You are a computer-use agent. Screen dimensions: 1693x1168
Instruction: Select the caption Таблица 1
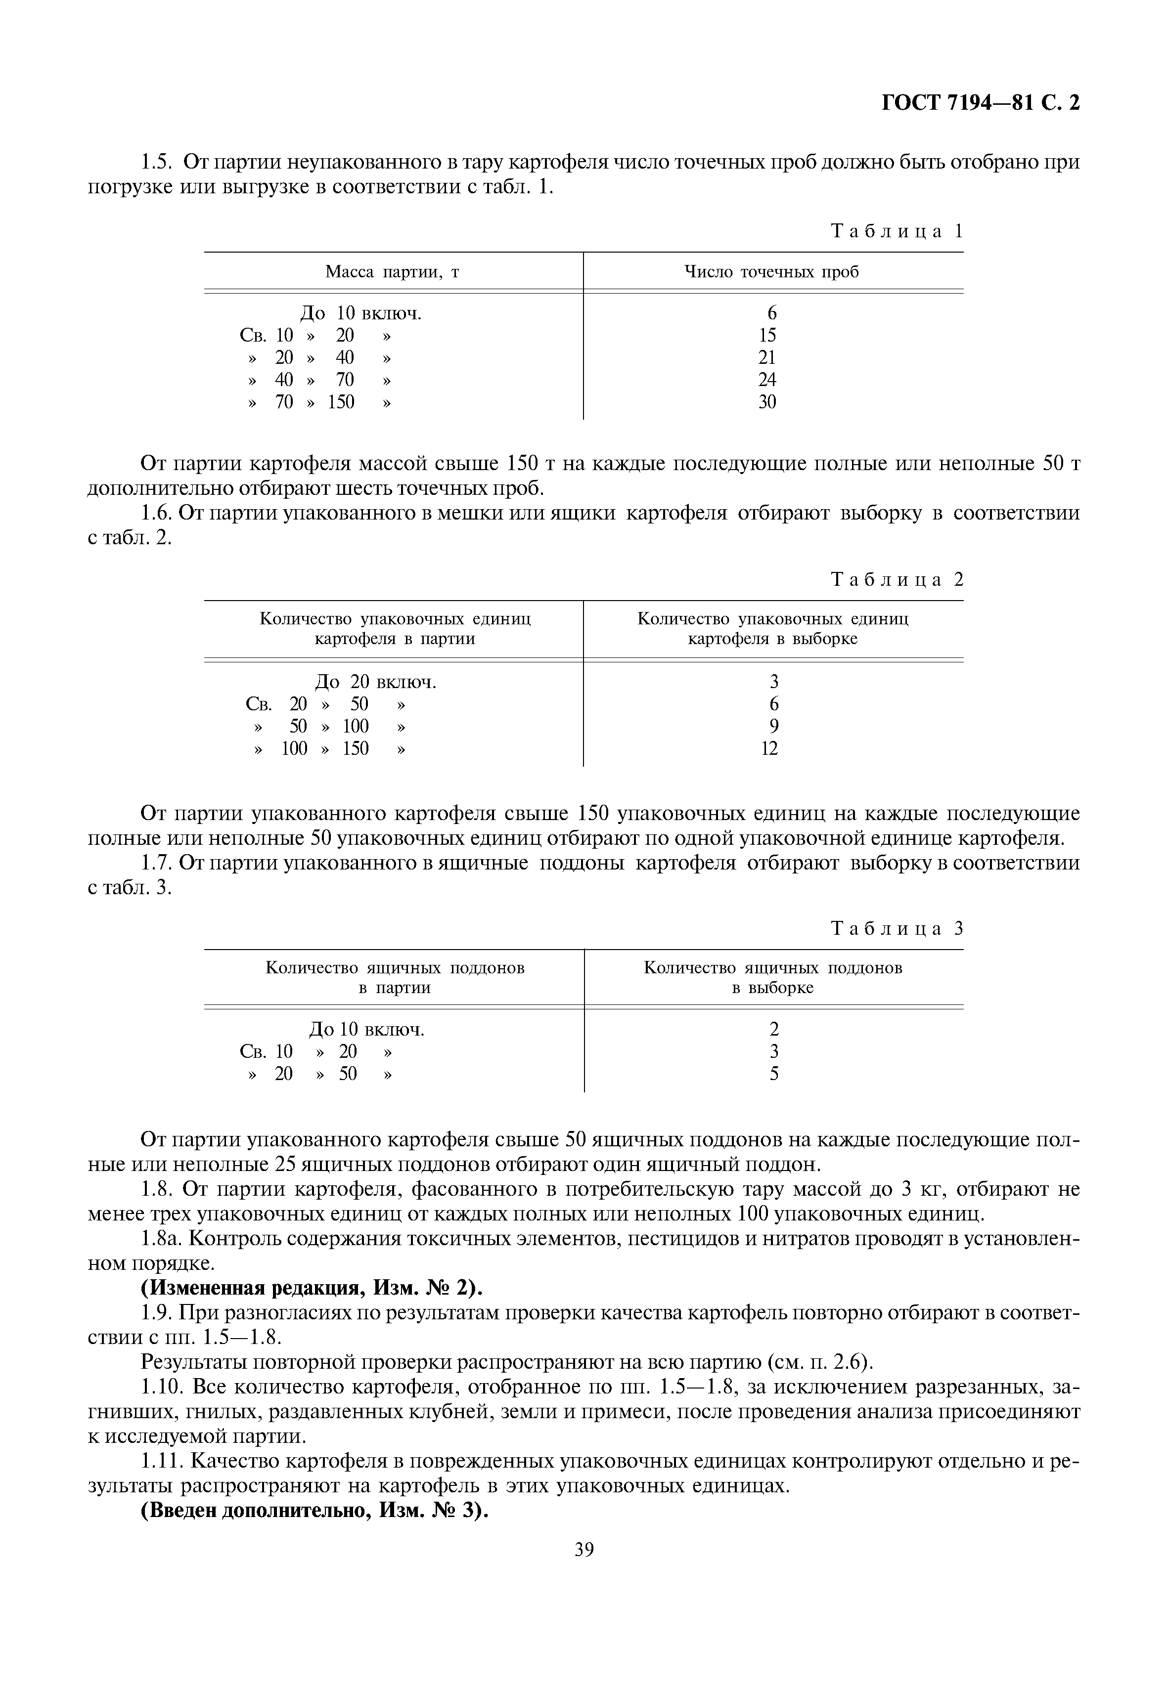tap(897, 231)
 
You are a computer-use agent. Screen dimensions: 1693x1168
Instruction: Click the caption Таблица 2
tap(897, 580)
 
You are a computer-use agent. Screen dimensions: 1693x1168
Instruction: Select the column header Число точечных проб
tap(771, 272)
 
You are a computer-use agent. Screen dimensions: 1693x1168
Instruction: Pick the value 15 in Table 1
tap(767, 335)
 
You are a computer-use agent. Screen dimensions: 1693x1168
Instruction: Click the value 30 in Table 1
tap(767, 402)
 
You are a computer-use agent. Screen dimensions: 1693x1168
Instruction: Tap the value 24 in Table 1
tap(767, 380)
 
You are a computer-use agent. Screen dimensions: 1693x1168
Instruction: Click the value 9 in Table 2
tap(773, 727)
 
